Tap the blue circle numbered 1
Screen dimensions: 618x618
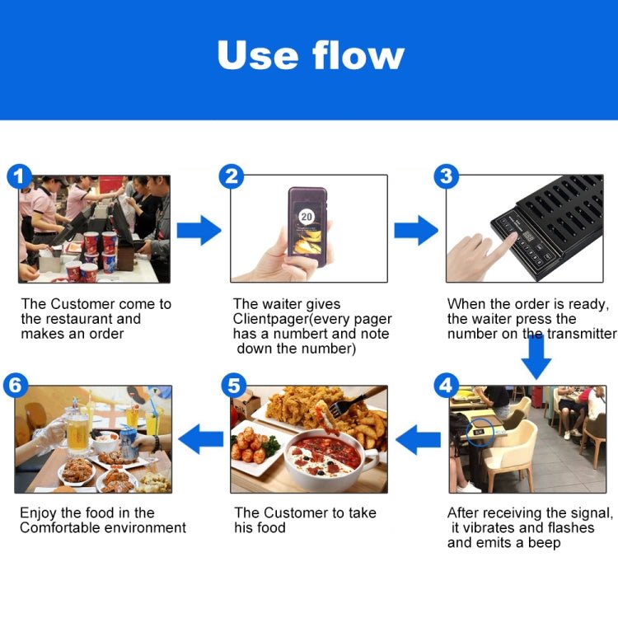point(19,176)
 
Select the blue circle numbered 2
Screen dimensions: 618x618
point(232,176)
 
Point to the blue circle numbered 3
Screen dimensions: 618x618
point(447,176)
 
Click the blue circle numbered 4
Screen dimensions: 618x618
point(447,386)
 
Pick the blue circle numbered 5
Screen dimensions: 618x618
point(233,386)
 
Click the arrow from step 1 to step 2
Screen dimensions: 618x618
point(199,230)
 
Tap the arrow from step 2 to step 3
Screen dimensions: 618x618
point(414,230)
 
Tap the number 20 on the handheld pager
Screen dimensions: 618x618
point(306,217)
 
